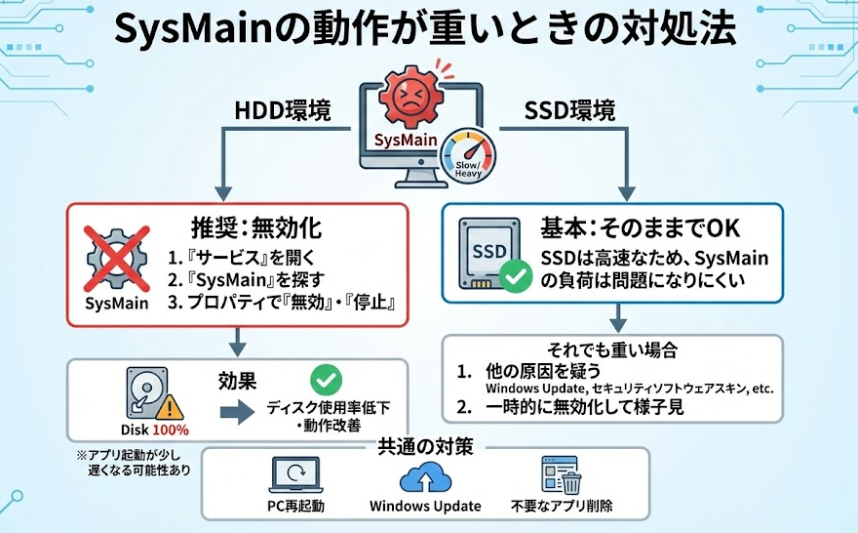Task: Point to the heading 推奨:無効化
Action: pyautogui.click(x=253, y=230)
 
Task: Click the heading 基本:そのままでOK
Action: pyautogui.click(x=640, y=228)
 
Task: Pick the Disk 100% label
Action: pyautogui.click(x=156, y=429)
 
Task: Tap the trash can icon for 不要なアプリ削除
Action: pyautogui.click(x=573, y=480)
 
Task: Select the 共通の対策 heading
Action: pyautogui.click(x=425, y=448)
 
